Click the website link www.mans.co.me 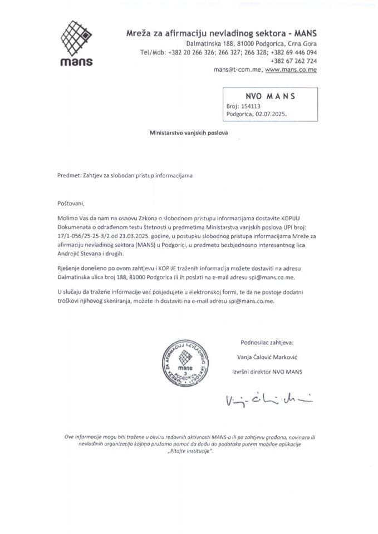291,70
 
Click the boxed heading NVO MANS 270,95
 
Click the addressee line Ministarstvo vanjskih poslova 189,133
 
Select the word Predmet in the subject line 70,175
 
